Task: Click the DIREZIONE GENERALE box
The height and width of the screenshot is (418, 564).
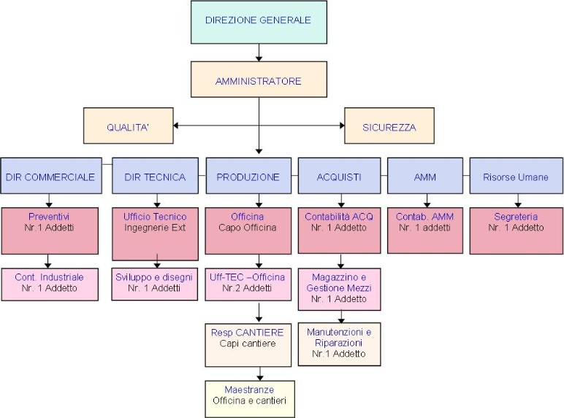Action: (258, 21)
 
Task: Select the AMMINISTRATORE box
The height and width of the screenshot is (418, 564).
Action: (258, 80)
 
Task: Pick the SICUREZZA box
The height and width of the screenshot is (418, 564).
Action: (389, 127)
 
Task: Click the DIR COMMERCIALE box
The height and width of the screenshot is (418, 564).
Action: (50, 177)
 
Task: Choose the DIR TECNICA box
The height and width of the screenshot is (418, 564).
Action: (155, 177)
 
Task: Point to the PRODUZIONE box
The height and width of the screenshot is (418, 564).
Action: (248, 177)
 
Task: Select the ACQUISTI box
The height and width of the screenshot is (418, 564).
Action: (339, 177)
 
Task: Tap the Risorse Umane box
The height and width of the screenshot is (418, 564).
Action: (516, 177)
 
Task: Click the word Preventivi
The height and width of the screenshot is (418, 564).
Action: (48, 217)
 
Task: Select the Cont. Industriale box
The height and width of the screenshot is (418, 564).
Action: (50, 282)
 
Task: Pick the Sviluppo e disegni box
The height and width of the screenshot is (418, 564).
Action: (154, 283)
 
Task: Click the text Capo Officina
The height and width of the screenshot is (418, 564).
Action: (247, 228)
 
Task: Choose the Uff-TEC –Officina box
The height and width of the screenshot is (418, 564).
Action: (248, 283)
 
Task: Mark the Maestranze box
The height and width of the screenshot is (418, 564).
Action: (249, 397)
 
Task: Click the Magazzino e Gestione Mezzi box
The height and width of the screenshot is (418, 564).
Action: (339, 287)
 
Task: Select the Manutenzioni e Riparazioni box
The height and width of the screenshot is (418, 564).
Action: (339, 342)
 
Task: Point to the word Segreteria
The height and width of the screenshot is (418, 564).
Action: (516, 217)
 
